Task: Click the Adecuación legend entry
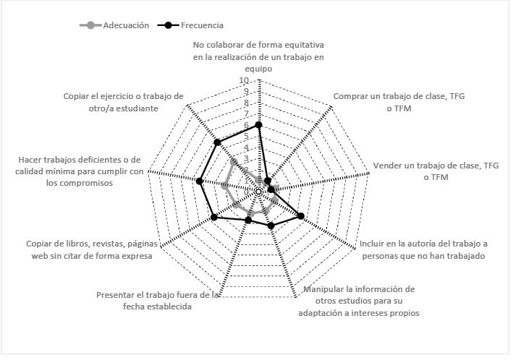[x=120, y=25]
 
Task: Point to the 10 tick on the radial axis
[x=245, y=81]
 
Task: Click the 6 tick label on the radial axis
[x=247, y=125]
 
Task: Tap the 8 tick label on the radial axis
[x=247, y=103]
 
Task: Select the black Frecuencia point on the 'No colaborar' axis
[x=259, y=125]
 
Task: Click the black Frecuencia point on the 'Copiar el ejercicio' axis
[x=217, y=142]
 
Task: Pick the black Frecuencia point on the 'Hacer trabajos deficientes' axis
[x=200, y=181]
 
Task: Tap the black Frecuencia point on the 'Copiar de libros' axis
[x=213, y=217]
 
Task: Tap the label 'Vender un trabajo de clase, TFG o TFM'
[x=436, y=171]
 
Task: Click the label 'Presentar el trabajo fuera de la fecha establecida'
[x=157, y=300]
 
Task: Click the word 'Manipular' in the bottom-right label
[x=323, y=290]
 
